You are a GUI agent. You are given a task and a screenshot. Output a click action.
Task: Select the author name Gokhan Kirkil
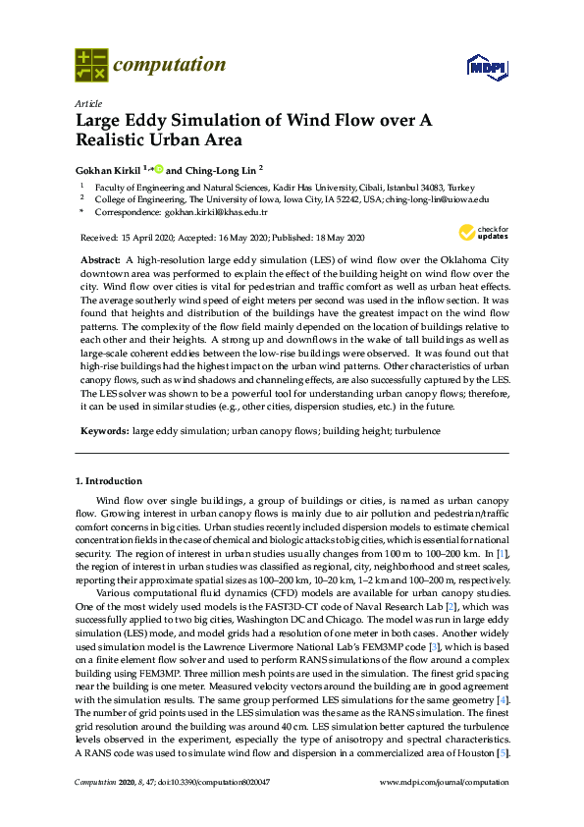tap(110, 168)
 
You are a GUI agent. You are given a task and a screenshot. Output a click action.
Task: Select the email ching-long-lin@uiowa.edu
tap(436, 197)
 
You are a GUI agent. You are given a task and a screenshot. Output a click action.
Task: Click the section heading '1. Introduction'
tap(109, 481)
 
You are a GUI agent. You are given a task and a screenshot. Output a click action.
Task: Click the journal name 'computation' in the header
tap(169, 65)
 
